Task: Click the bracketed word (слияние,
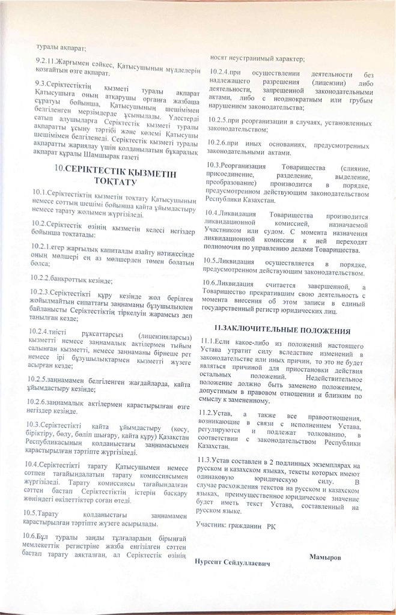click(x=355, y=165)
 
